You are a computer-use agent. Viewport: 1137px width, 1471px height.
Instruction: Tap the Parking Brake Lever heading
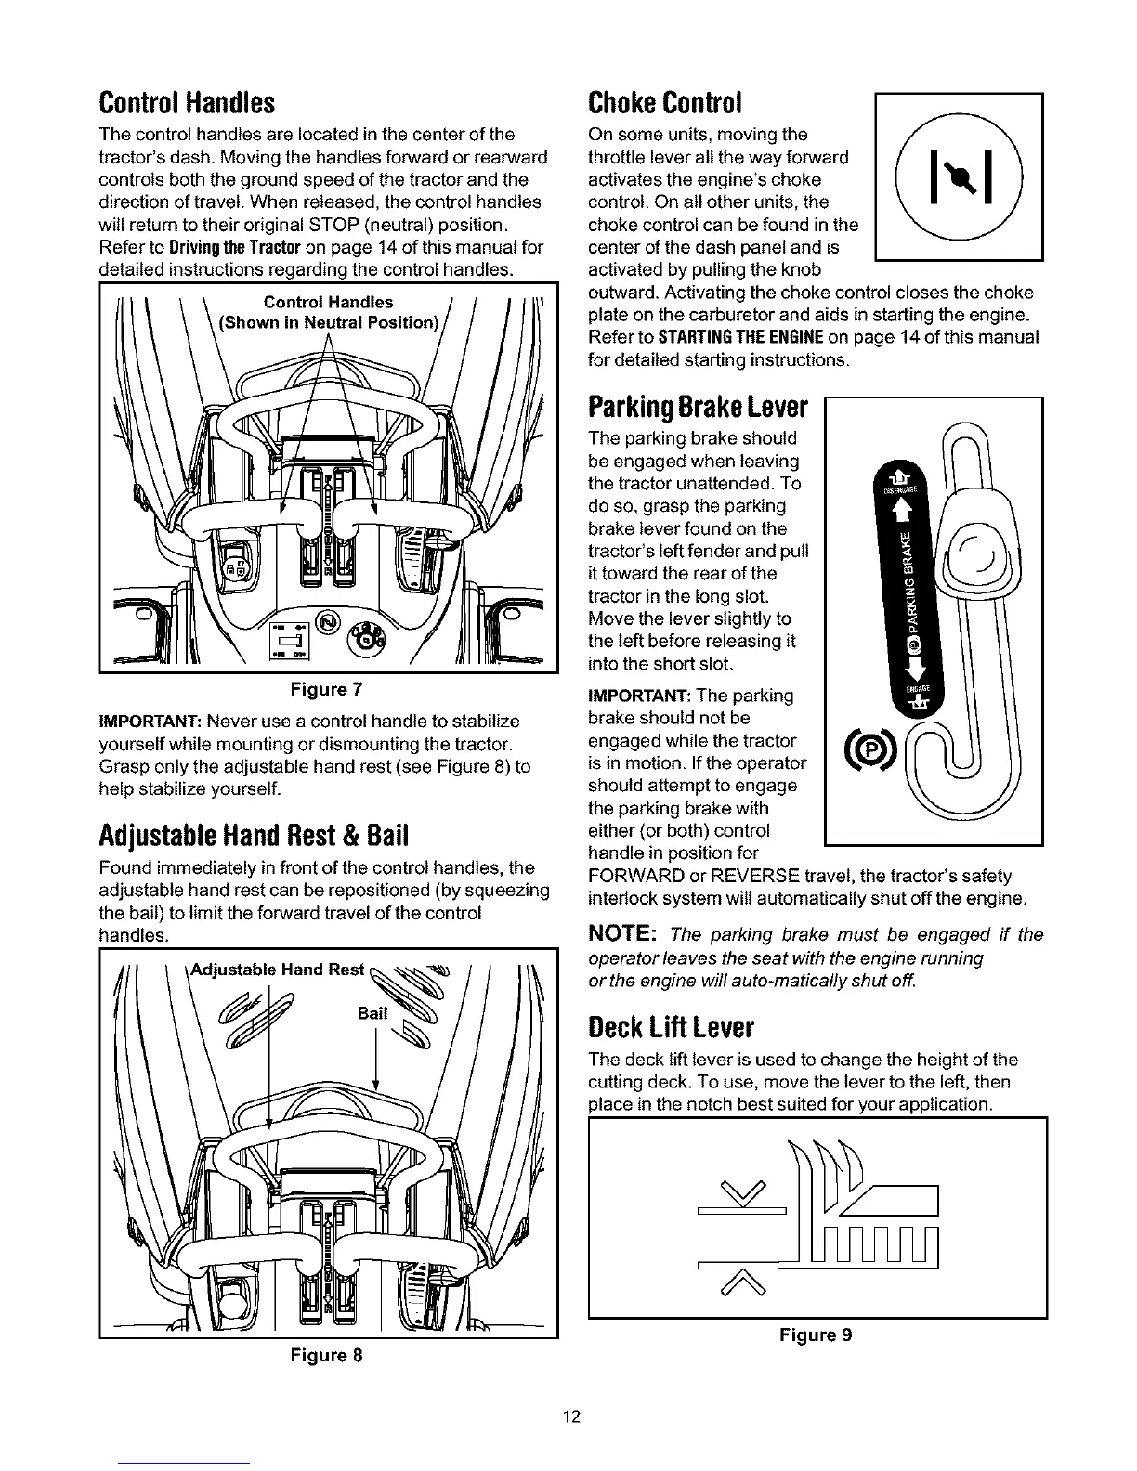[699, 408]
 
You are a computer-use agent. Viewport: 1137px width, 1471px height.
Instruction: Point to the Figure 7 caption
[326, 689]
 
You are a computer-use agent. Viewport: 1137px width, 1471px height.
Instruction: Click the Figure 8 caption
[326, 1355]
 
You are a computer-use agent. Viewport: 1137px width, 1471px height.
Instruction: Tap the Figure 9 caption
[816, 1335]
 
